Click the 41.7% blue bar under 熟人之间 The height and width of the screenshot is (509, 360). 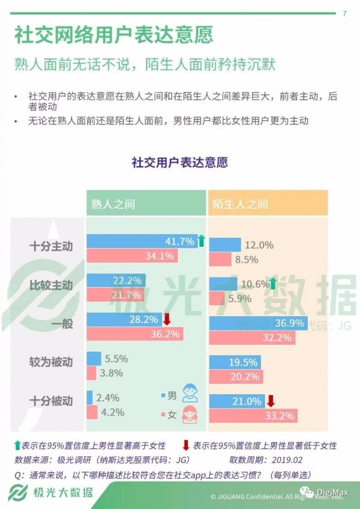tap(142, 242)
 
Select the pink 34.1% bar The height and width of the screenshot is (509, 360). tap(132, 256)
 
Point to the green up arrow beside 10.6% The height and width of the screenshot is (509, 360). tap(272, 284)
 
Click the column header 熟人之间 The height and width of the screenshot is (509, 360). tap(113, 204)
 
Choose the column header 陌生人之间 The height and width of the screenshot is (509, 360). tap(241, 204)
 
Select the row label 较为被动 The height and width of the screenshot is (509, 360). tap(51, 362)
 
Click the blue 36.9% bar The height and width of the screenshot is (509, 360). tap(258, 323)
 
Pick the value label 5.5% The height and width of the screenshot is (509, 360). tap(117, 358)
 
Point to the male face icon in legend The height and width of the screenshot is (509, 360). tap(189, 393)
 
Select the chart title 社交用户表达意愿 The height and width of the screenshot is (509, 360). tap(180, 163)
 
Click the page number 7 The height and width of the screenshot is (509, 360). tap(345, 13)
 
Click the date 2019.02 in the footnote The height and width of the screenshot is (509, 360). tap(287, 460)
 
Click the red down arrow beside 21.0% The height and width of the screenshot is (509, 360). tap(270, 401)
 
